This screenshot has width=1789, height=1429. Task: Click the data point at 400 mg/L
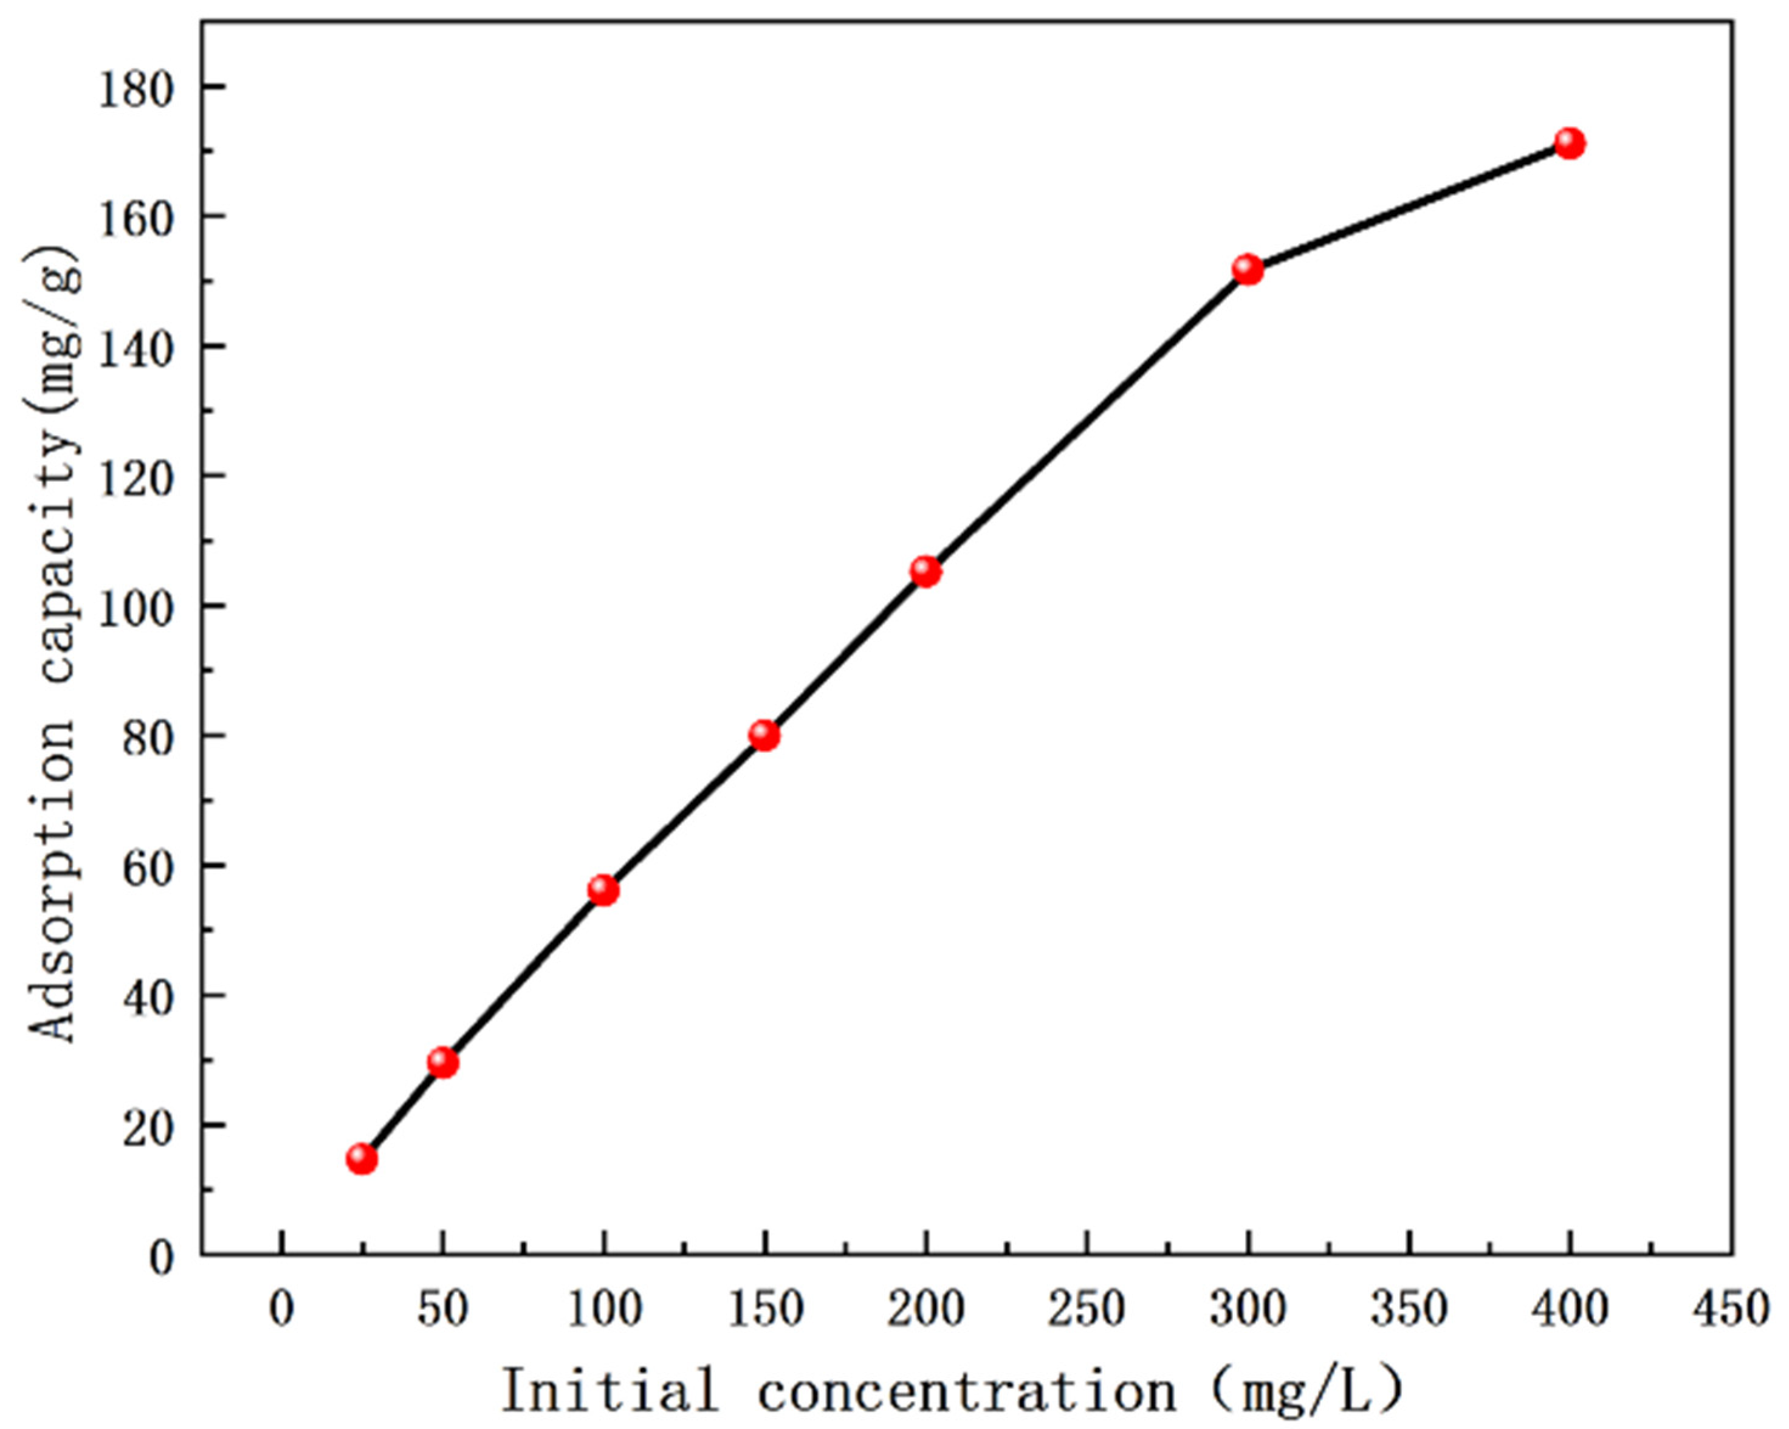[x=1569, y=143]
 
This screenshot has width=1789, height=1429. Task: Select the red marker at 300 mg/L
[x=1247, y=270]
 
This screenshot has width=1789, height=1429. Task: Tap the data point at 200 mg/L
[x=925, y=572]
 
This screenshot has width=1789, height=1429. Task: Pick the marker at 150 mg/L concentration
[x=764, y=735]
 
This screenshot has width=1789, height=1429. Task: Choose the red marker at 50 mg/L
[x=442, y=1062]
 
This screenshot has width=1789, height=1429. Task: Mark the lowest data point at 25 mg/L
[x=362, y=1159]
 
